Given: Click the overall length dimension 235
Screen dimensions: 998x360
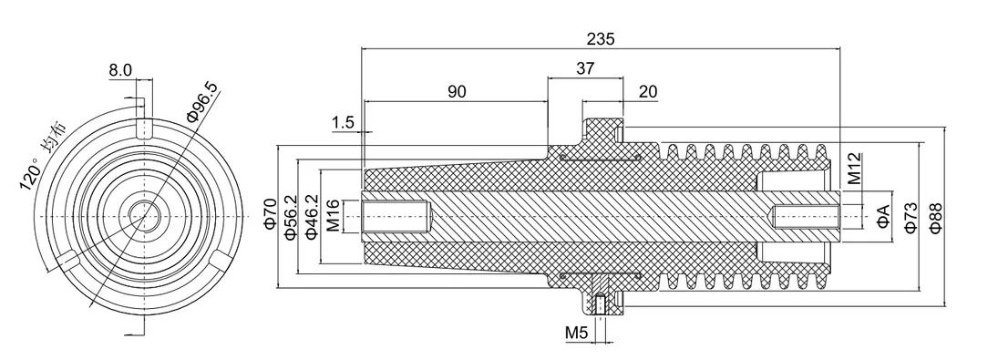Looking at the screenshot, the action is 601,39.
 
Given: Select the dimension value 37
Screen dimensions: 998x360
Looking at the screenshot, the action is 584,68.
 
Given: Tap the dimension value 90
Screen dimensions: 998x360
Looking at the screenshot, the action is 456,91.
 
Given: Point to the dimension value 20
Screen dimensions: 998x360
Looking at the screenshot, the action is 647,91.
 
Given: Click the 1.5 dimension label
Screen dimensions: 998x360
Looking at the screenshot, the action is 343,123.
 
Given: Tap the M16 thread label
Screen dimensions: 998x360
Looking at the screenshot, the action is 333,216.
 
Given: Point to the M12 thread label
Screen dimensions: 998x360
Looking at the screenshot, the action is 854,168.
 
